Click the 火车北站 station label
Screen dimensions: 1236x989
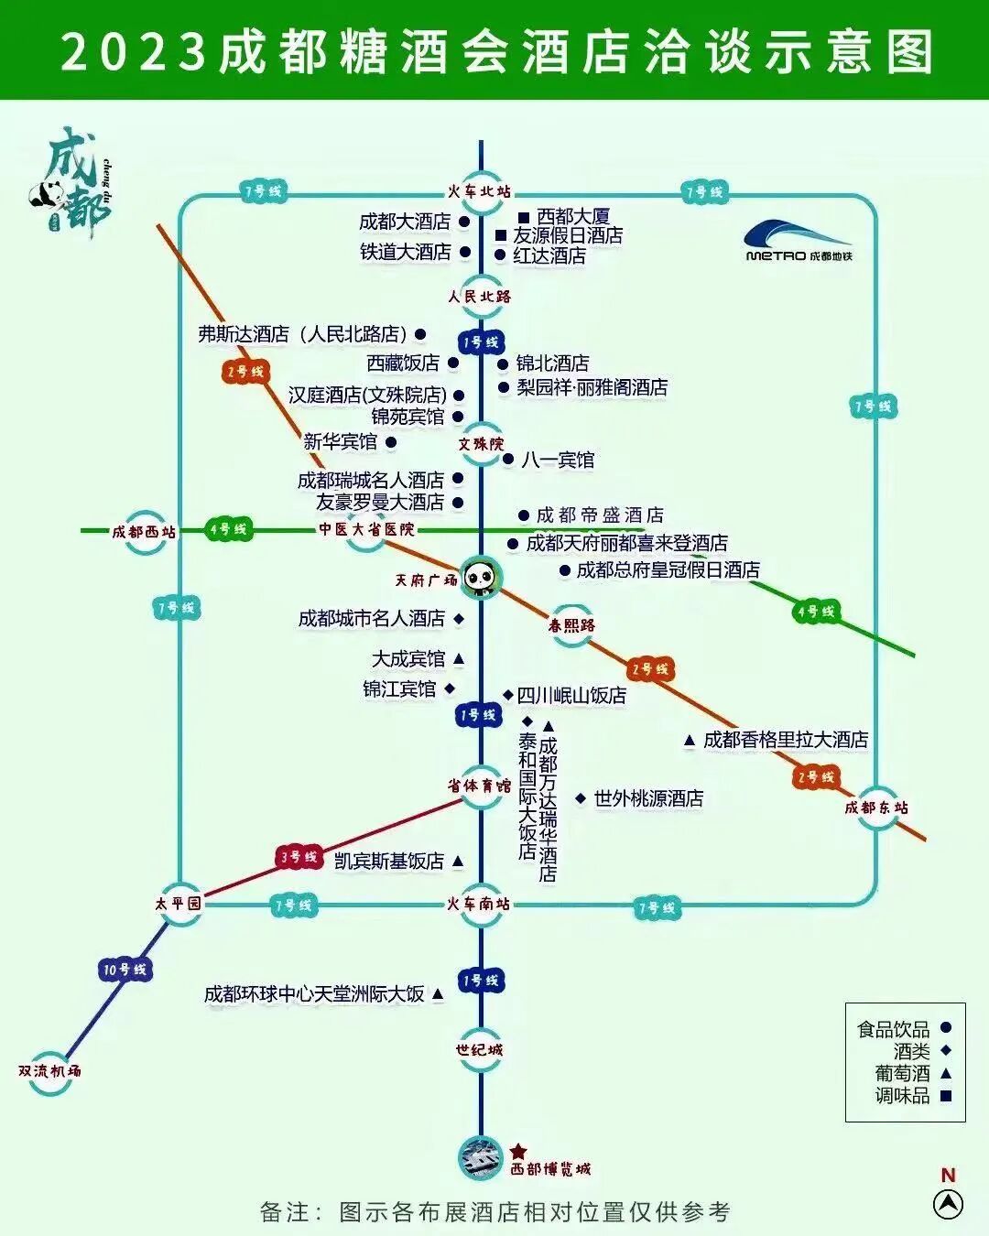[x=479, y=191]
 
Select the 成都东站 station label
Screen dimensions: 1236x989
[x=876, y=808]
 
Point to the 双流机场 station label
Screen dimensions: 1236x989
[x=49, y=1070]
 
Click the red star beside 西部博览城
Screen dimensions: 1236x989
[x=518, y=1151]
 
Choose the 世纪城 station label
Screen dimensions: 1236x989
[x=480, y=1049]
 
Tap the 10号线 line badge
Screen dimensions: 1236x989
[x=125, y=969]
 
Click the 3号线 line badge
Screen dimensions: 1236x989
[x=299, y=857]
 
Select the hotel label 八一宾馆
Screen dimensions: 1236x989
[x=558, y=460]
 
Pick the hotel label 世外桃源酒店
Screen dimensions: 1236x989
[x=648, y=798]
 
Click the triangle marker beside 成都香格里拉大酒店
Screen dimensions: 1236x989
[x=690, y=741]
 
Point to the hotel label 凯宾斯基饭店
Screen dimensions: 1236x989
[x=389, y=861]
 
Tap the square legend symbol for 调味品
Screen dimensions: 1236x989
[x=946, y=1095]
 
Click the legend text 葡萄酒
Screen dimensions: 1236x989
[x=902, y=1073]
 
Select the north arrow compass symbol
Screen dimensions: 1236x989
[x=948, y=1203]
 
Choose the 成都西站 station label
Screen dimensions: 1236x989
[x=144, y=531]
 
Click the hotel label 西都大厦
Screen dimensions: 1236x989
[x=572, y=217]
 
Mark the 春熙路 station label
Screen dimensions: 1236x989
[x=571, y=625]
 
